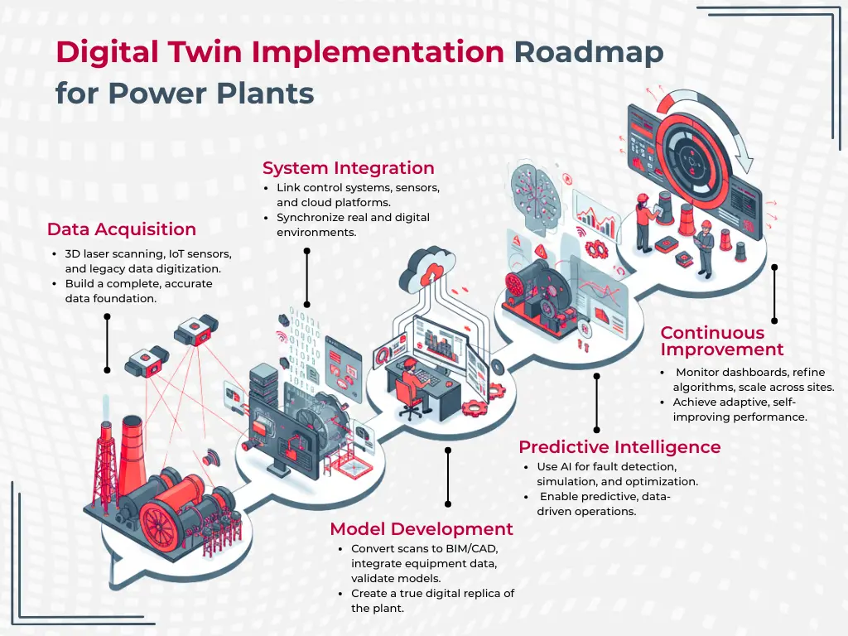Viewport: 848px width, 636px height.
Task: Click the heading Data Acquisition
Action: click(121, 229)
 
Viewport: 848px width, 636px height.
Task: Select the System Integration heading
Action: click(348, 168)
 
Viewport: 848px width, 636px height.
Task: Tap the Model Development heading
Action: click(422, 529)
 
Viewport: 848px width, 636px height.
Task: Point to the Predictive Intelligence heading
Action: click(619, 447)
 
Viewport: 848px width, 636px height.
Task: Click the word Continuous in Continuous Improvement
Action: click(712, 333)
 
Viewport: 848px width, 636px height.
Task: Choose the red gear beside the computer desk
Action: click(475, 407)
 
